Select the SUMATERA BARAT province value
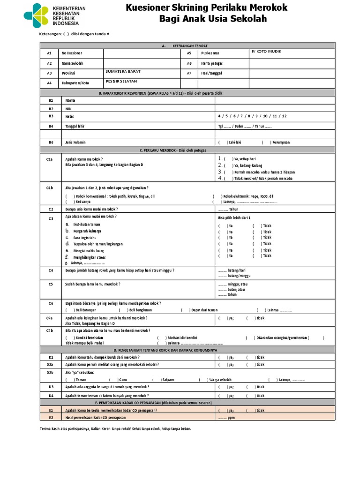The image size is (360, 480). [x=123, y=72]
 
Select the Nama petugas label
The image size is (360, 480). [x=211, y=63]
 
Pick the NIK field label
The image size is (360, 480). [x=68, y=108]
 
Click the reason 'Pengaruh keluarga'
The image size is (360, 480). [x=87, y=231]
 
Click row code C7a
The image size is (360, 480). [x=50, y=318]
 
